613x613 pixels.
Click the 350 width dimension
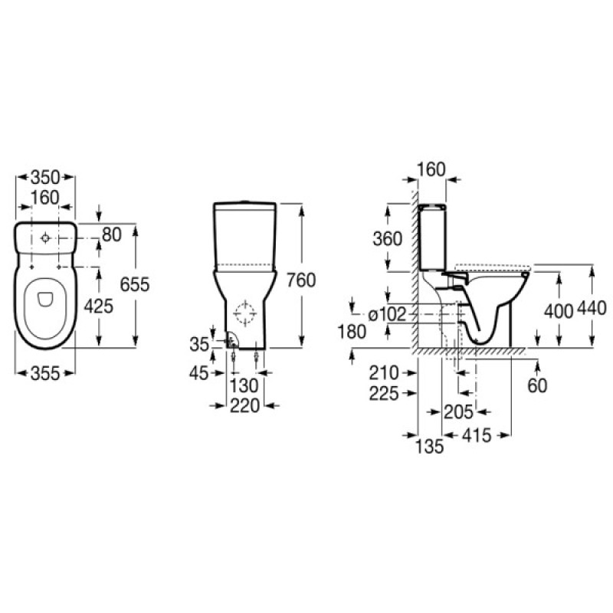coord(45,176)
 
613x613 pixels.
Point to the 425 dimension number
coord(99,306)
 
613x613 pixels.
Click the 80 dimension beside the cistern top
coord(112,234)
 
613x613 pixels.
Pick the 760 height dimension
coord(300,280)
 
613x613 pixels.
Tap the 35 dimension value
coord(200,346)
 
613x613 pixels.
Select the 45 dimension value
coord(200,373)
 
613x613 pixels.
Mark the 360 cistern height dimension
coord(388,238)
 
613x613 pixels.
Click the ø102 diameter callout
coord(387,313)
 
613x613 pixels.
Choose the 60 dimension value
coord(537,385)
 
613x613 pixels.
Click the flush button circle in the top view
coord(46,239)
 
